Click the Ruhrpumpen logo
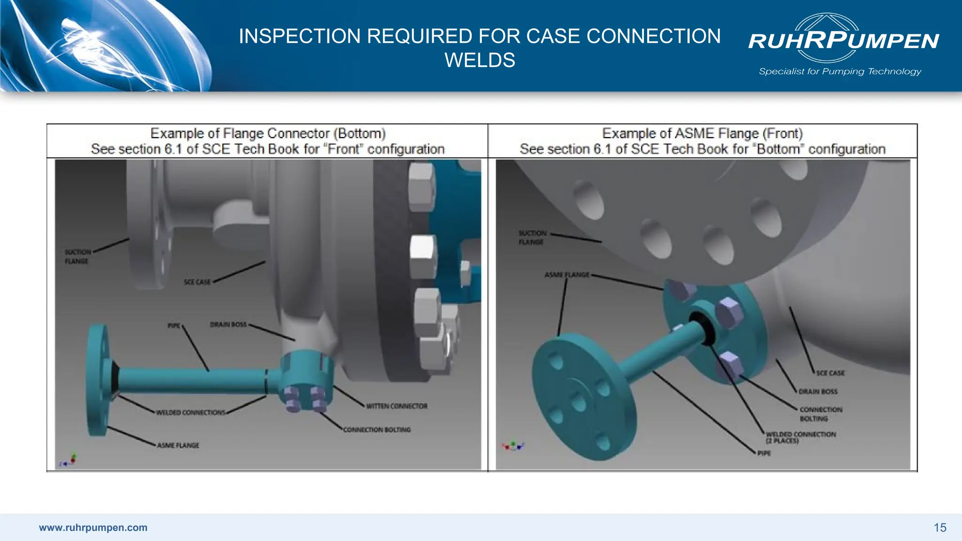pos(843,39)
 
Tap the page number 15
pos(939,527)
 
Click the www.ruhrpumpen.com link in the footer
pos(93,527)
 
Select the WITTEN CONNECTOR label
pos(397,406)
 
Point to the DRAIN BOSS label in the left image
pos(228,325)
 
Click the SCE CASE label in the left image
pos(197,282)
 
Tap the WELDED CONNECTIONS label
pos(191,413)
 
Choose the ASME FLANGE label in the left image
pos(178,445)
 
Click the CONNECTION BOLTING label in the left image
pos(377,430)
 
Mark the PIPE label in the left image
pos(174,325)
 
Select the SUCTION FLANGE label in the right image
pos(532,238)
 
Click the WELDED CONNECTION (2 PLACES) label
pos(800,437)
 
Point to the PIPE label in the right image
pos(764,453)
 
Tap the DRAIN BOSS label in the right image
pos(818,391)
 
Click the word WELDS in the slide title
pos(480,60)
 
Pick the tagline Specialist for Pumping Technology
pos(840,71)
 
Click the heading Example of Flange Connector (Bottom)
pos(268,133)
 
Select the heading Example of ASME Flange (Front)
pos(702,133)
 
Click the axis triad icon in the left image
pos(69,461)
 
